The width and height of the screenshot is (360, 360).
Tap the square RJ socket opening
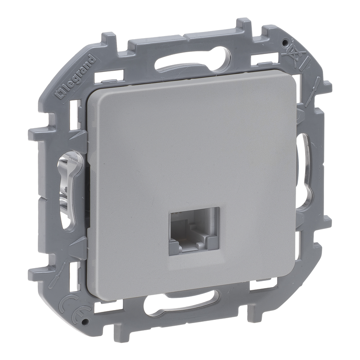[194, 231]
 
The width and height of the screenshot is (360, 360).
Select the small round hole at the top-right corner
[284, 42]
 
